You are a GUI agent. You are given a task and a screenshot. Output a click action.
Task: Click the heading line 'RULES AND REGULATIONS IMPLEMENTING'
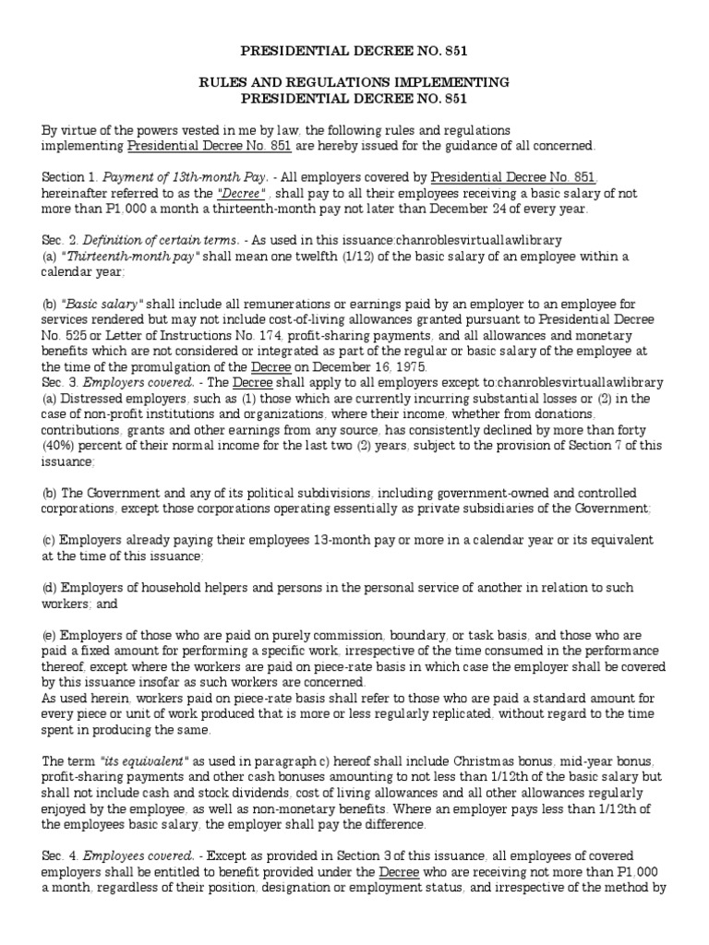(354, 83)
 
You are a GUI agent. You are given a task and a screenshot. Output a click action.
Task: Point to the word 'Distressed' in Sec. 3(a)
(90, 400)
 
